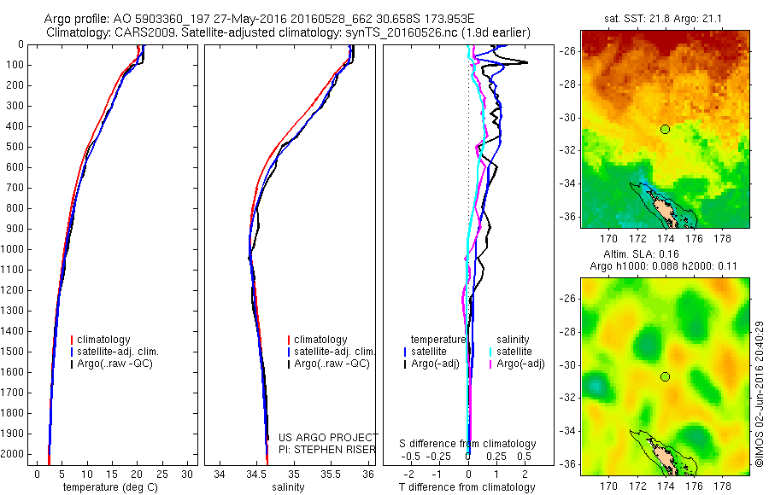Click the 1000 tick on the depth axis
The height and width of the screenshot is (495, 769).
pos(15,249)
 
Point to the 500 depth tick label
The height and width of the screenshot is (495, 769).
pos(15,147)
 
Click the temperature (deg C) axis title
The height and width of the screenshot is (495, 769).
pos(111,487)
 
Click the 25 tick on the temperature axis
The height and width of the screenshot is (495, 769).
pos(162,474)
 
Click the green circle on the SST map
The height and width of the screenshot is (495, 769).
pos(665,129)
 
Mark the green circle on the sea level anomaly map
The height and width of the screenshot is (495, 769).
pos(665,376)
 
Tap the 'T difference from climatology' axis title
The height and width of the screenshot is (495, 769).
pos(467,487)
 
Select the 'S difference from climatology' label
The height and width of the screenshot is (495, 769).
pos(467,444)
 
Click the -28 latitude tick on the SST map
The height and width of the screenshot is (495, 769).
pos(568,84)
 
